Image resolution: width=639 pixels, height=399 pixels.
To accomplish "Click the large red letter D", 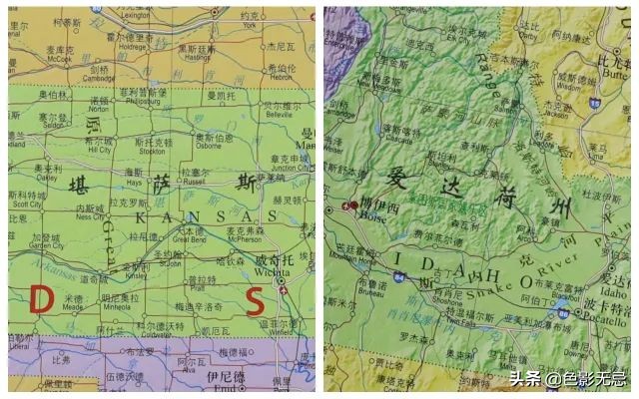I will tap(41, 296).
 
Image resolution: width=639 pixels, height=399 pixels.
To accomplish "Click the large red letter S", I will tap(256, 298).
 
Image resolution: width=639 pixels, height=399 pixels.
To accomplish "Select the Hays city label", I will tap(135, 182).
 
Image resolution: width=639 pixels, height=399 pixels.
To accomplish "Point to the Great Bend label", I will tap(190, 239).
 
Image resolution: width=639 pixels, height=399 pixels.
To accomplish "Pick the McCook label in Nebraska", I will tap(59, 59).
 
